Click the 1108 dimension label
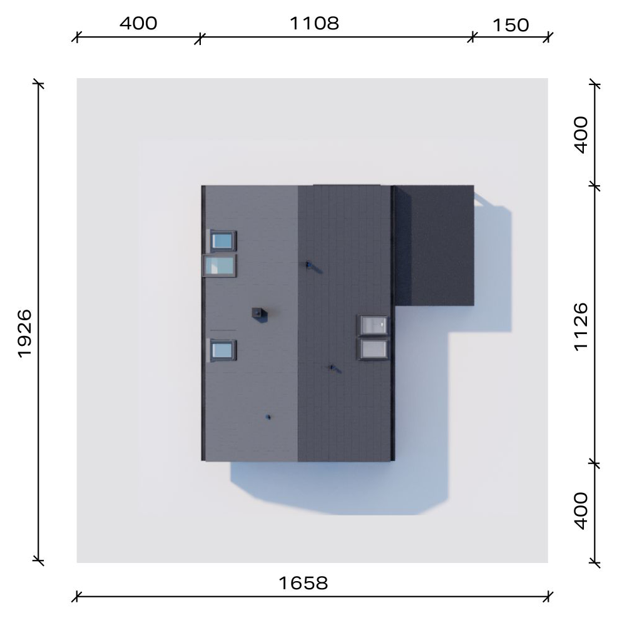(x=314, y=24)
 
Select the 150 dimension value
(x=511, y=26)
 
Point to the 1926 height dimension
(x=24, y=334)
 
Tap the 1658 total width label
(x=303, y=583)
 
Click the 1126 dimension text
(x=581, y=327)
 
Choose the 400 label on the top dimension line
(x=138, y=24)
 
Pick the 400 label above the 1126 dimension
(x=581, y=134)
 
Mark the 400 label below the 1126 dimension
(x=581, y=511)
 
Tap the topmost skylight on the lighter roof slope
(x=223, y=241)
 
